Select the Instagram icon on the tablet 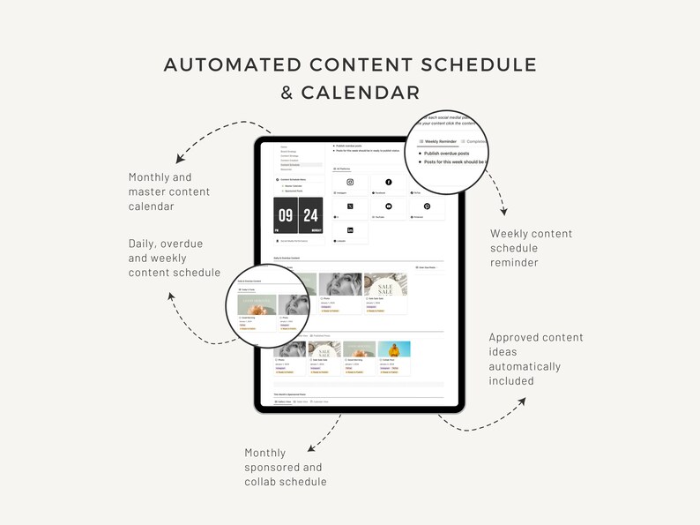coord(350,182)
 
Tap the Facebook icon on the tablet coord(389,182)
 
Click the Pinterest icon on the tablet coord(427,206)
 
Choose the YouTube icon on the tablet coord(389,206)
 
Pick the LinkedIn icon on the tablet coord(350,229)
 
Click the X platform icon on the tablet coord(350,206)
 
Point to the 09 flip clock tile coord(286,215)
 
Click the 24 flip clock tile coord(310,215)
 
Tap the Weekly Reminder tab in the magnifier coord(439,140)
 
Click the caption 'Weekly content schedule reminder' coord(531,248)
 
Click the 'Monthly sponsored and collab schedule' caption coord(285,467)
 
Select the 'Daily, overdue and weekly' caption coord(174,258)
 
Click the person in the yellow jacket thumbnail coord(394,349)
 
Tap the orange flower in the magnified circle coord(258,308)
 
